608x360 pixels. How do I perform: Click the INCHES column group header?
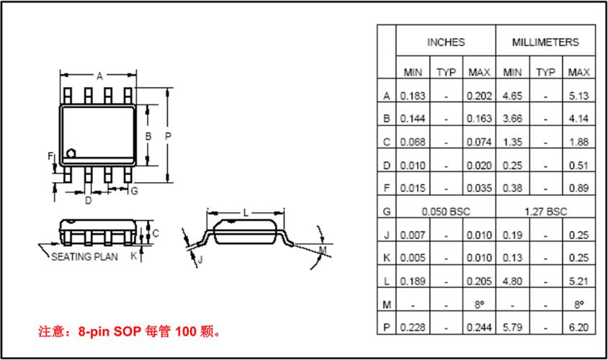[x=446, y=42]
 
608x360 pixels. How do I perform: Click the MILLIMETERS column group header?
[x=545, y=42]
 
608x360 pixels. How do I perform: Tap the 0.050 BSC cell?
[x=446, y=212]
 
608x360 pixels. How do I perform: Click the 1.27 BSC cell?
[x=545, y=212]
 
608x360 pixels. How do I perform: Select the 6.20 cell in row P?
[x=578, y=328]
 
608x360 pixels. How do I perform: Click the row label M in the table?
[x=387, y=305]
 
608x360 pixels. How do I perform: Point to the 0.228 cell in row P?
[x=413, y=328]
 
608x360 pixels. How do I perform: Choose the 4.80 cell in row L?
[x=512, y=281]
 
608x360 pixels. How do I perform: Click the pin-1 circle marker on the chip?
[x=72, y=153]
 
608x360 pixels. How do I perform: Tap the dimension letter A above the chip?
[x=99, y=75]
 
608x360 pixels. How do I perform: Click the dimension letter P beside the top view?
[x=168, y=135]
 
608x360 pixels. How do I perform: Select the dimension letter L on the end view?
[x=246, y=213]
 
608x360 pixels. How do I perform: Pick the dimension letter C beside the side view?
[x=156, y=233]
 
